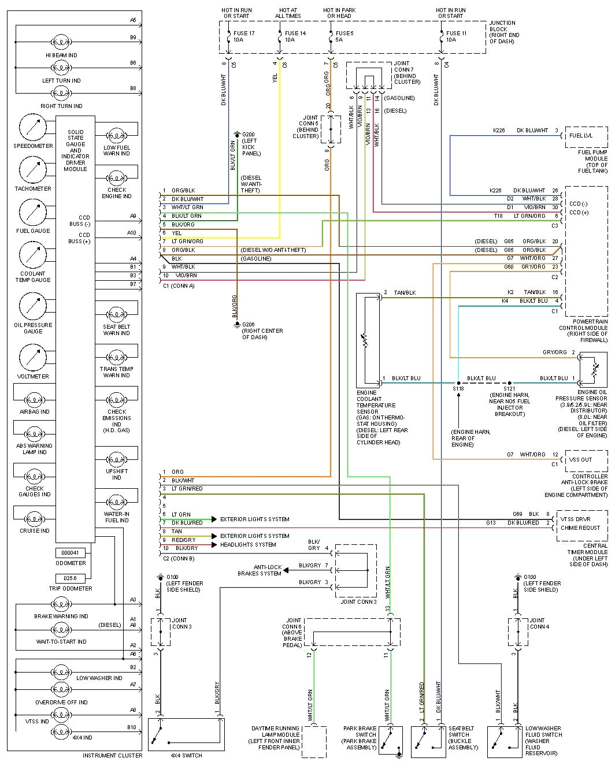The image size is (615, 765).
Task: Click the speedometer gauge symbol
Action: (x=33, y=127)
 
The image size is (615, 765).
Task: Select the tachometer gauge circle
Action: (x=33, y=170)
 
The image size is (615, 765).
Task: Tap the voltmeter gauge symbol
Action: (x=33, y=358)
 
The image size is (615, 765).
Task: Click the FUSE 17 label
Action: (x=244, y=33)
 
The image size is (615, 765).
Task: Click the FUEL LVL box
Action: (x=585, y=136)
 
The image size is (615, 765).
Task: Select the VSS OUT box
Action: (x=585, y=460)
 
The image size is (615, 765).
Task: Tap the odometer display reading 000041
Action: (x=71, y=553)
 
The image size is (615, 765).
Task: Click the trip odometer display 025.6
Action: (x=71, y=578)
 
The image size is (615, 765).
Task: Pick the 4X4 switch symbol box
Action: (x=186, y=734)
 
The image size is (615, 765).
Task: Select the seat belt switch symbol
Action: (x=428, y=741)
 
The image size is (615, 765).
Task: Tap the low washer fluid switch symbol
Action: (x=505, y=741)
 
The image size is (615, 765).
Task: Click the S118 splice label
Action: (x=458, y=389)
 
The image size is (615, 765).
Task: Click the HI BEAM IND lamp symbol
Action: (x=61, y=42)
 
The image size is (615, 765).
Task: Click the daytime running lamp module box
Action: (x=314, y=741)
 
